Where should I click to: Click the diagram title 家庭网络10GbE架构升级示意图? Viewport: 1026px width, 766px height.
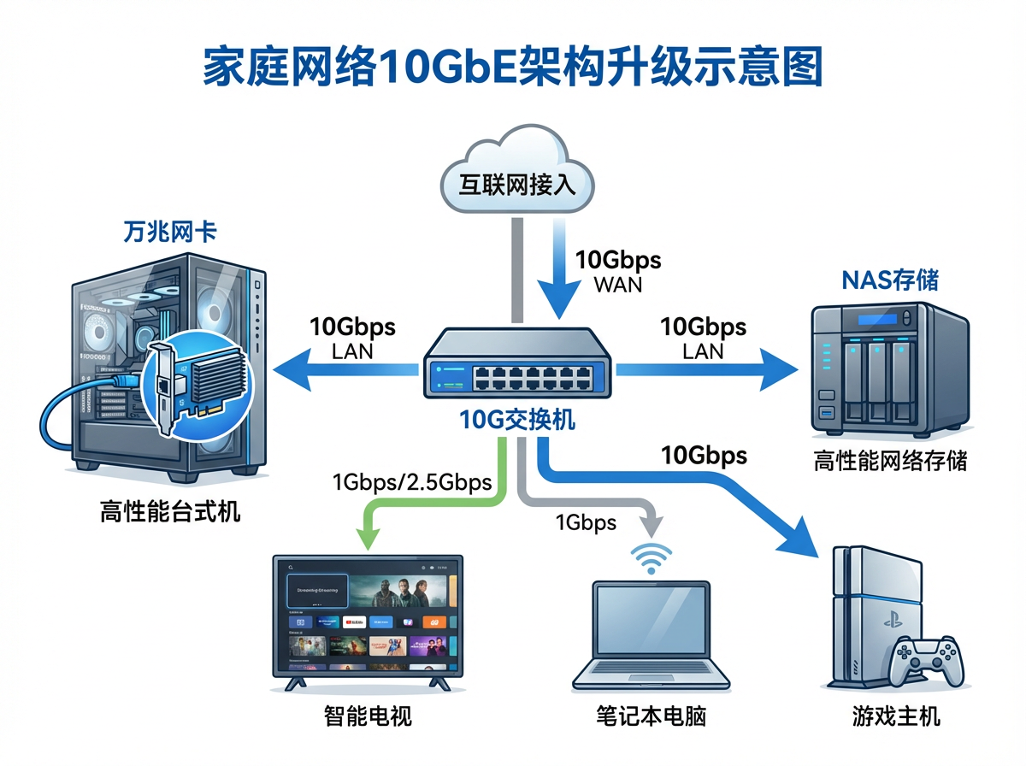tap(512, 67)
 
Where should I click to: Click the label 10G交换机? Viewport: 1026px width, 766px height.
tap(516, 420)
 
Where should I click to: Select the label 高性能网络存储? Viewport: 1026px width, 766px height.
tap(889, 461)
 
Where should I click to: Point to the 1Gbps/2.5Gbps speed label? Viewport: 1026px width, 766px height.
tap(411, 482)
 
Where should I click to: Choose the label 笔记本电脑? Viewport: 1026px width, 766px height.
tap(652, 716)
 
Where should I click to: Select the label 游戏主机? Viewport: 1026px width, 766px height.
tap(896, 716)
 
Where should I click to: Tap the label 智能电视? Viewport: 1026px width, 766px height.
tap(369, 716)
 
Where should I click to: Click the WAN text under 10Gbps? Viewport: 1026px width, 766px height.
tap(617, 284)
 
